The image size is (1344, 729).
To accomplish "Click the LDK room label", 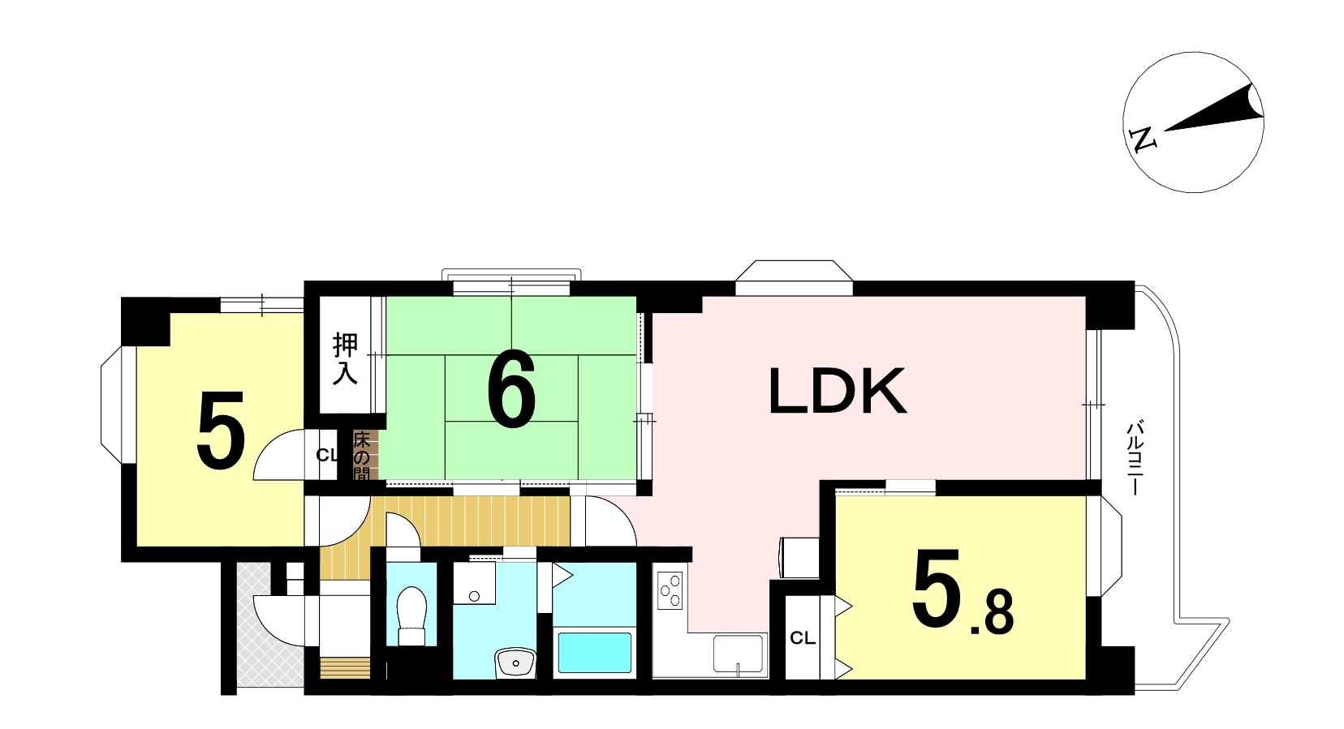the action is (x=838, y=391).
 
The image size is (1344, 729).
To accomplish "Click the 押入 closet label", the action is (x=345, y=358).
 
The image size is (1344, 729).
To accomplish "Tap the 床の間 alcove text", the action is (x=362, y=457).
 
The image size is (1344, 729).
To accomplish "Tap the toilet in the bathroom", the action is (x=411, y=615).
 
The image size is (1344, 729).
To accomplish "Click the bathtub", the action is (x=595, y=652).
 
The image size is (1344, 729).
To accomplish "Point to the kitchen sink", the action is (x=738, y=654).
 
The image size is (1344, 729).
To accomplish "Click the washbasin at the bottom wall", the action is (x=515, y=663).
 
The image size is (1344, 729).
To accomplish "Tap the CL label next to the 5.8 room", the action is (x=802, y=638).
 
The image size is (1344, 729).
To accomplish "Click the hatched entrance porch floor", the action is (x=270, y=626).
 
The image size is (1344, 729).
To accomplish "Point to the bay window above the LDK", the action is (x=794, y=277).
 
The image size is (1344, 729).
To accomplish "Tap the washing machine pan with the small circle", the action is (x=474, y=583).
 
